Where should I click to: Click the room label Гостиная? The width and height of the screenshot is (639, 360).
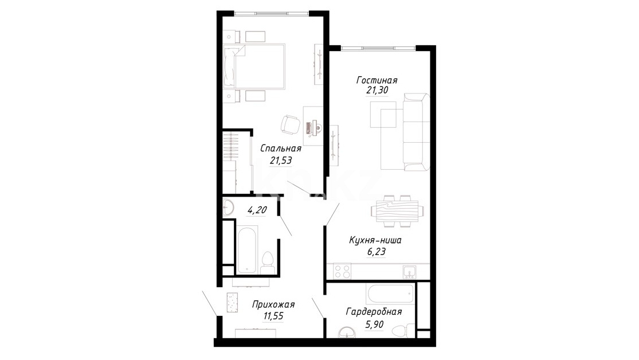(x=377, y=80)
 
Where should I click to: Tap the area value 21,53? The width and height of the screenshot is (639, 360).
(x=281, y=161)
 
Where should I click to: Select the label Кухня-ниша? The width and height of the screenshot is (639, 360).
(x=375, y=240)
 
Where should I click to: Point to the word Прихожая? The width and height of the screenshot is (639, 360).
(x=273, y=304)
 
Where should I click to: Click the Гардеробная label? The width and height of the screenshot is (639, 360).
(x=374, y=312)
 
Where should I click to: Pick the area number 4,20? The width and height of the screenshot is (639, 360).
(x=257, y=210)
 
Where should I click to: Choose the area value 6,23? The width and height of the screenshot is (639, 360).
(x=376, y=252)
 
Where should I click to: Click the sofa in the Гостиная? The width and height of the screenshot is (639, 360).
(x=416, y=132)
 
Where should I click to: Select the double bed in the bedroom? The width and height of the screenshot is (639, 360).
(x=254, y=66)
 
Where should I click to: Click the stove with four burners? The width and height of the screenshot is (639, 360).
(x=342, y=271)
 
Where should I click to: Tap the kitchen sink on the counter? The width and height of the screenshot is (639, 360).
(x=409, y=272)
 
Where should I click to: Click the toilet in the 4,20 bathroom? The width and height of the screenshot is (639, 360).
(x=267, y=263)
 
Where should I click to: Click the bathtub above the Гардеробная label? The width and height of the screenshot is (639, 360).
(x=390, y=293)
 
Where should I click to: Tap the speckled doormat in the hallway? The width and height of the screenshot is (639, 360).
(x=233, y=303)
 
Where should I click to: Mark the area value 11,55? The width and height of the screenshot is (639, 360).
(x=273, y=316)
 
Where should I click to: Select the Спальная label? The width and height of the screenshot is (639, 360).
(x=281, y=149)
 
